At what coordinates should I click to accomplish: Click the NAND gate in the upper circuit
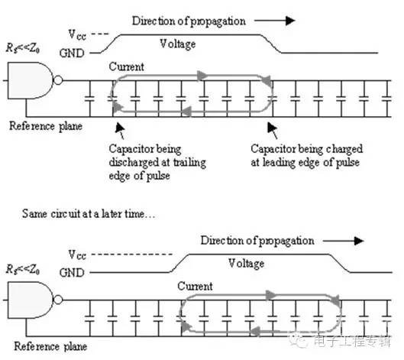pos(31,80)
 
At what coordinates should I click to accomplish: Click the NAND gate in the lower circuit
pos(31,300)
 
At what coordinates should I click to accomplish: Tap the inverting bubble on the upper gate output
pos(58,80)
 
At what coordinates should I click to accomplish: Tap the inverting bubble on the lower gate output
pos(58,300)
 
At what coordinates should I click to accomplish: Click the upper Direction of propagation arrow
pos(275,21)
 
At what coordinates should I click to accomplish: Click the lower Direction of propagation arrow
pos(344,241)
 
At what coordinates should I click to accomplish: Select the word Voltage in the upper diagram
pos(177,44)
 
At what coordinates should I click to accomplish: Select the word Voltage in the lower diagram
pos(247,264)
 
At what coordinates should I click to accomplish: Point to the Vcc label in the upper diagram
pos(77,34)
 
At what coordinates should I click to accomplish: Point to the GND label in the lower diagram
pos(72,273)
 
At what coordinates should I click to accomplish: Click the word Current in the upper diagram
pos(126,66)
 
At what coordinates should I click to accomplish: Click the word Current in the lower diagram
pos(195,287)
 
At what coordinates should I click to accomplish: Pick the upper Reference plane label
pos(46,126)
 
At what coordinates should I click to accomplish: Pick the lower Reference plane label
pos(50,346)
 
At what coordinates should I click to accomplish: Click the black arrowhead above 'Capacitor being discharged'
pos(120,128)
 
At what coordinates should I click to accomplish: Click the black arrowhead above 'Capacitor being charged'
pos(272,128)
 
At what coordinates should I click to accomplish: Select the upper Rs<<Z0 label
pos(23,48)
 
